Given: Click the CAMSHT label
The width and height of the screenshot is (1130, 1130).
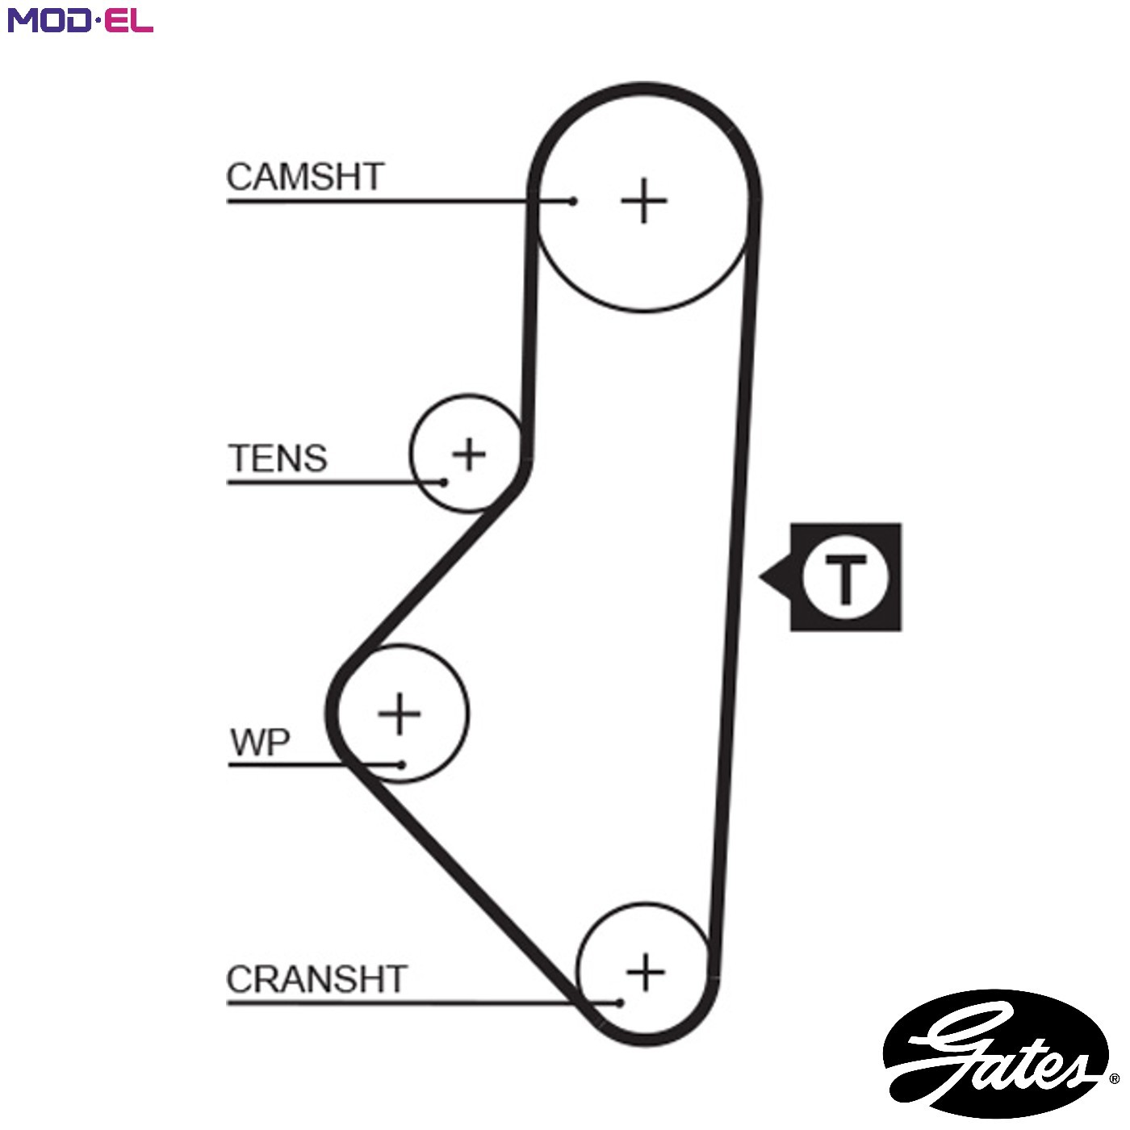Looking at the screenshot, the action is pos(305,177).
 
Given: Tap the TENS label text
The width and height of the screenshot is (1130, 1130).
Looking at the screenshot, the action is pos(278,458).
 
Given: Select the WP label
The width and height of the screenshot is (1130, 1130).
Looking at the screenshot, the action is pos(260,743).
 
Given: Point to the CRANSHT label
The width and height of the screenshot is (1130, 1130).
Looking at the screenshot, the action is pos(316,979).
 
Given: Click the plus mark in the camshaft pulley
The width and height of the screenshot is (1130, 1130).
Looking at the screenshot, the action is pos(644,200).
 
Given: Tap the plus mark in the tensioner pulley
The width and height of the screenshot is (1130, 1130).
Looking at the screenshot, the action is pos(468,454).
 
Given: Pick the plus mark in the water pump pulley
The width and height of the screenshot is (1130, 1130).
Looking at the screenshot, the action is pos(400,714).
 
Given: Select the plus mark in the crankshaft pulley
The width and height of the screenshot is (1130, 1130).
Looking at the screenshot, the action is pos(645,972).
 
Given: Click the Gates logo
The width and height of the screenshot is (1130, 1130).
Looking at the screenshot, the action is pos(996,1054).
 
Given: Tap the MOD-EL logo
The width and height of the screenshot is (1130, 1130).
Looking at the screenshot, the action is pos(81,20).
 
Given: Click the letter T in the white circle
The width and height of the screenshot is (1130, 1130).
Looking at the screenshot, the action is pos(845,578).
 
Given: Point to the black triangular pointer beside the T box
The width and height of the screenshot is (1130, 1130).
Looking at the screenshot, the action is pos(775,577).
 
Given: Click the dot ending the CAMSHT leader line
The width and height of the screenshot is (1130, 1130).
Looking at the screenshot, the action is pos(573,202).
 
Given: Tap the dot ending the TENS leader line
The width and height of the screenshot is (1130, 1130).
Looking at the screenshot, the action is pos(444,483).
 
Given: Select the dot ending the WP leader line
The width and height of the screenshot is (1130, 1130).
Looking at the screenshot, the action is pos(401,764).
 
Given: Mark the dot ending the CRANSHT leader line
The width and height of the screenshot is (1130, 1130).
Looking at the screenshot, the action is pos(620,1003).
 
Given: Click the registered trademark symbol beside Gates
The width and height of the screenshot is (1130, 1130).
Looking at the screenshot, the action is pos(1114,1078).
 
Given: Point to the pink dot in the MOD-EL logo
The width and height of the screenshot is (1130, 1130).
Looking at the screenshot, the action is pos(98,20).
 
